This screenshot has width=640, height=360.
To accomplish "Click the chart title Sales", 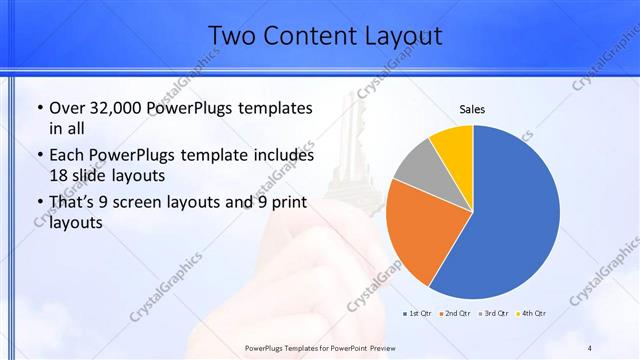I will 472,109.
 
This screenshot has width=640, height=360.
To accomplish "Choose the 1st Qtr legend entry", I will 417,314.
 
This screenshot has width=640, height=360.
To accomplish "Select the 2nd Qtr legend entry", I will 456,314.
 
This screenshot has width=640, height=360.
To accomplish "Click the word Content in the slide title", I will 311,37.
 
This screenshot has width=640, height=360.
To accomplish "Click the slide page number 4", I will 589,347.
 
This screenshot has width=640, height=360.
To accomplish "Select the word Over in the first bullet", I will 68,107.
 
